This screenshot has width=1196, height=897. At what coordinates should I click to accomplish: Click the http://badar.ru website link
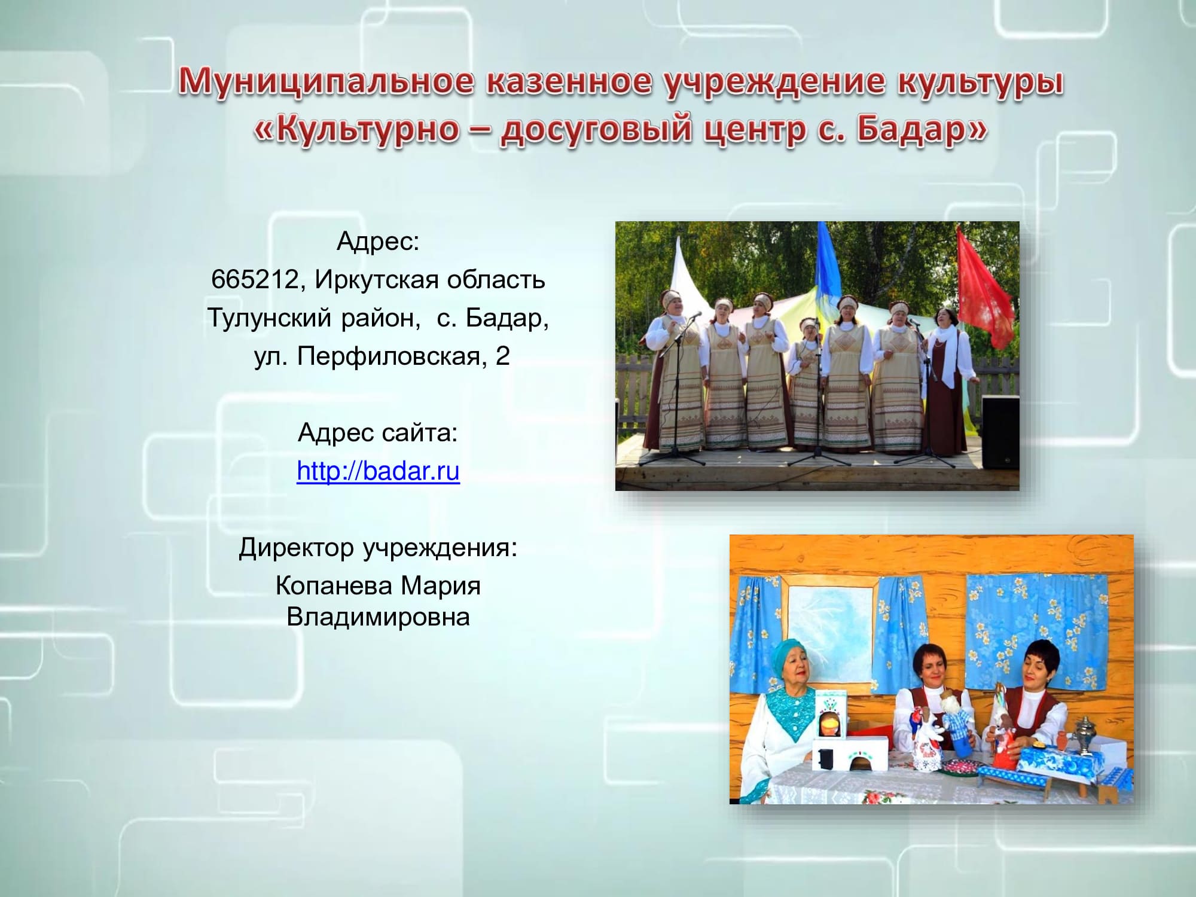click(x=378, y=471)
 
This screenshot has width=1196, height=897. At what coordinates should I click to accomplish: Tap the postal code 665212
click(x=255, y=279)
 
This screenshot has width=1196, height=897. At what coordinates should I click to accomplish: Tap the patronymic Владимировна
click(x=378, y=617)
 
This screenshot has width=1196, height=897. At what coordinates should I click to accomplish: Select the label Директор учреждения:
click(x=378, y=548)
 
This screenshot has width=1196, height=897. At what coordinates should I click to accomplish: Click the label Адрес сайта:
click(x=378, y=433)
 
